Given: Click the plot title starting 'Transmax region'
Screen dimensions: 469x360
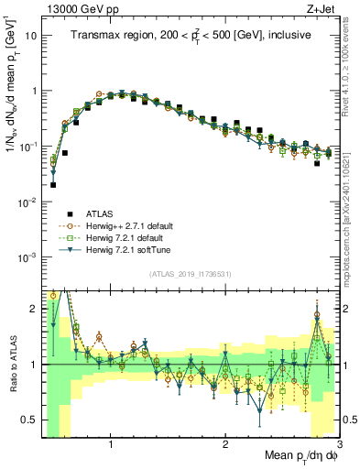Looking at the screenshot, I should point(191,36).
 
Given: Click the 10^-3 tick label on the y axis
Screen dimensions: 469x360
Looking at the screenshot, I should point(29,256).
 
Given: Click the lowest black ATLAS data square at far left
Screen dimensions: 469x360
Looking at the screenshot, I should point(53,184).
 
